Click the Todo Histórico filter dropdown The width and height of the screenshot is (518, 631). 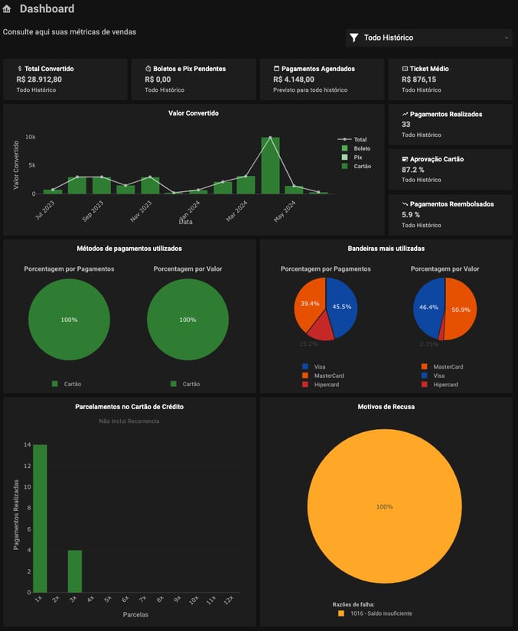click(x=429, y=37)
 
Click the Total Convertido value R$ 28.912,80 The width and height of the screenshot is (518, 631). click(x=39, y=79)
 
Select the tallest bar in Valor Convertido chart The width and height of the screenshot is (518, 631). click(x=270, y=165)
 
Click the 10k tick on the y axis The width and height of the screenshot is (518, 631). click(x=31, y=138)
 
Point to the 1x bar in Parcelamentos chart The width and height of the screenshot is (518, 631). click(x=40, y=518)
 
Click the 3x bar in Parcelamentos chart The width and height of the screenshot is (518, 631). click(x=74, y=571)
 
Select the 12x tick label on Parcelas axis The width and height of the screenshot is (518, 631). click(x=228, y=600)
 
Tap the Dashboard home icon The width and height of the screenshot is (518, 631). click(x=8, y=9)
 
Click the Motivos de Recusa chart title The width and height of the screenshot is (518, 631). click(x=386, y=407)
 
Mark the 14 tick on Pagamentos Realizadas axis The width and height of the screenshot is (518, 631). click(x=27, y=444)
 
